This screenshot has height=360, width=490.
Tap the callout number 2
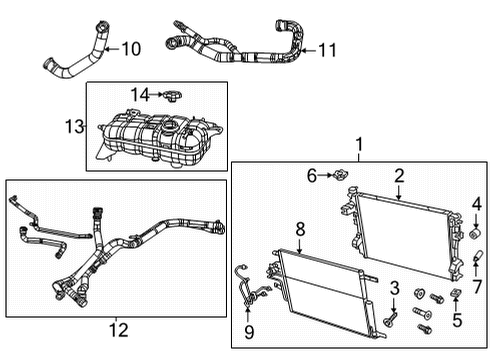point(399,175)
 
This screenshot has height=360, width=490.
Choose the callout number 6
point(312,175)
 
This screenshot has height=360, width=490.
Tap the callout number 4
point(477,204)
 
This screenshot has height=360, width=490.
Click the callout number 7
point(477,288)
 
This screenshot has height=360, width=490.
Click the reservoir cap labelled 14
point(170,95)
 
